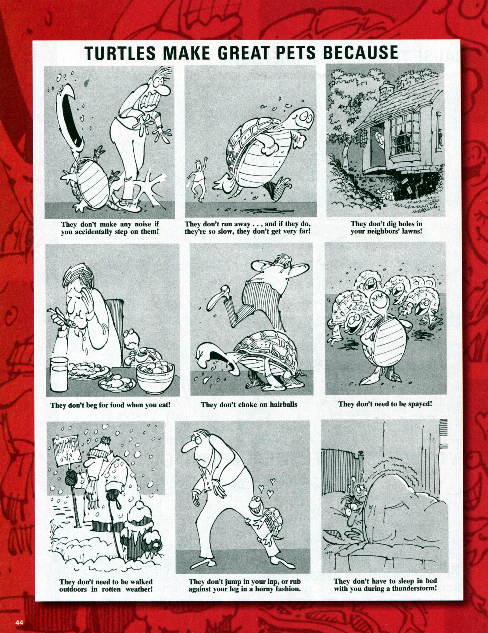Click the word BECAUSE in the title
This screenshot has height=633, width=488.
(360, 53)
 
